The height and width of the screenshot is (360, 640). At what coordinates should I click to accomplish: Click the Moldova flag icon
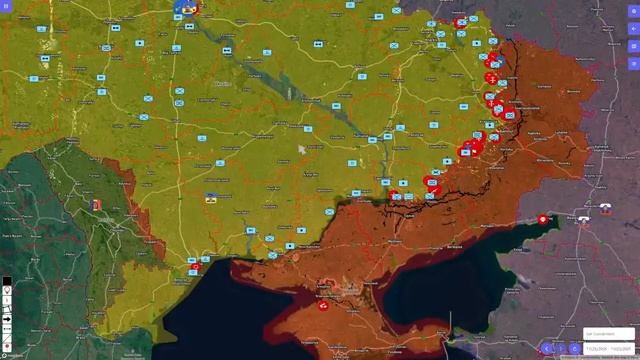pos(97,206)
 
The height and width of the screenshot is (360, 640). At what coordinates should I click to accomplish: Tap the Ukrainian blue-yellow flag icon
pos(211,198)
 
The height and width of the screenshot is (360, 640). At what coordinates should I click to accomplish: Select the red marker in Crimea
pos(324,306)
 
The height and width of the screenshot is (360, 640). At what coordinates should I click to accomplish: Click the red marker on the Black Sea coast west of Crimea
pos(196,268)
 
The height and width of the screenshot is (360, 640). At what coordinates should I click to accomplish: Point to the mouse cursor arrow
pos(302,150)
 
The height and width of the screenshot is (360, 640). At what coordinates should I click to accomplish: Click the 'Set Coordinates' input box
pos(608,334)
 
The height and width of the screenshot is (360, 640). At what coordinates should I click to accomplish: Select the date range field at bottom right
pos(608,347)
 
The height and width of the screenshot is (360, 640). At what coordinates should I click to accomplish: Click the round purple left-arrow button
pos(547,349)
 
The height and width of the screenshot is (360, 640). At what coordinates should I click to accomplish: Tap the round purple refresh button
pos(574,349)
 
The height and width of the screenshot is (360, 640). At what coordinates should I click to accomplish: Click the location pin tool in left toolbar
pos(7,290)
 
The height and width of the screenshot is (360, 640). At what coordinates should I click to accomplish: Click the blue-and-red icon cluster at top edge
pos(187,8)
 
